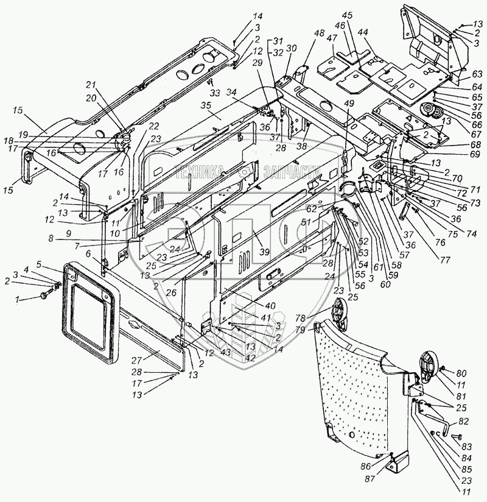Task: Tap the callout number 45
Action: [347, 32]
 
